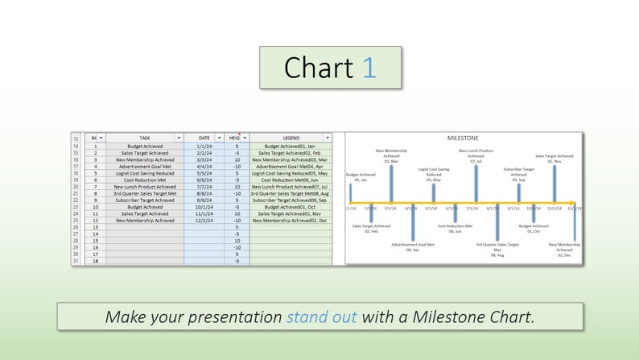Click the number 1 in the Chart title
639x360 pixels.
click(369, 68)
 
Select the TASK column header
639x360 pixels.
click(145, 138)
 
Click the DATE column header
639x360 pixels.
click(203, 138)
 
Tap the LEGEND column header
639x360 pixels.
click(290, 138)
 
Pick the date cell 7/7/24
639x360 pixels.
click(203, 186)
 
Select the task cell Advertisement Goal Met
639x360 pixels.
click(144, 166)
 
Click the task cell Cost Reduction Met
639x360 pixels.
click(144, 180)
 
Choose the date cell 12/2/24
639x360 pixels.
click(203, 220)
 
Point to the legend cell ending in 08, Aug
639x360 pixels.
click(290, 193)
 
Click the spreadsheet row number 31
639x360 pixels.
click(76, 261)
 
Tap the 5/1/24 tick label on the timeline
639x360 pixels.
click(431, 208)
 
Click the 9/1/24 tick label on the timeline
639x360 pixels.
click(513, 208)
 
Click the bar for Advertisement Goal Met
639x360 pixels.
click(412, 221)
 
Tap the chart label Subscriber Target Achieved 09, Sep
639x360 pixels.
click(518, 174)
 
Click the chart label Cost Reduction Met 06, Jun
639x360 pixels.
click(455, 229)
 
